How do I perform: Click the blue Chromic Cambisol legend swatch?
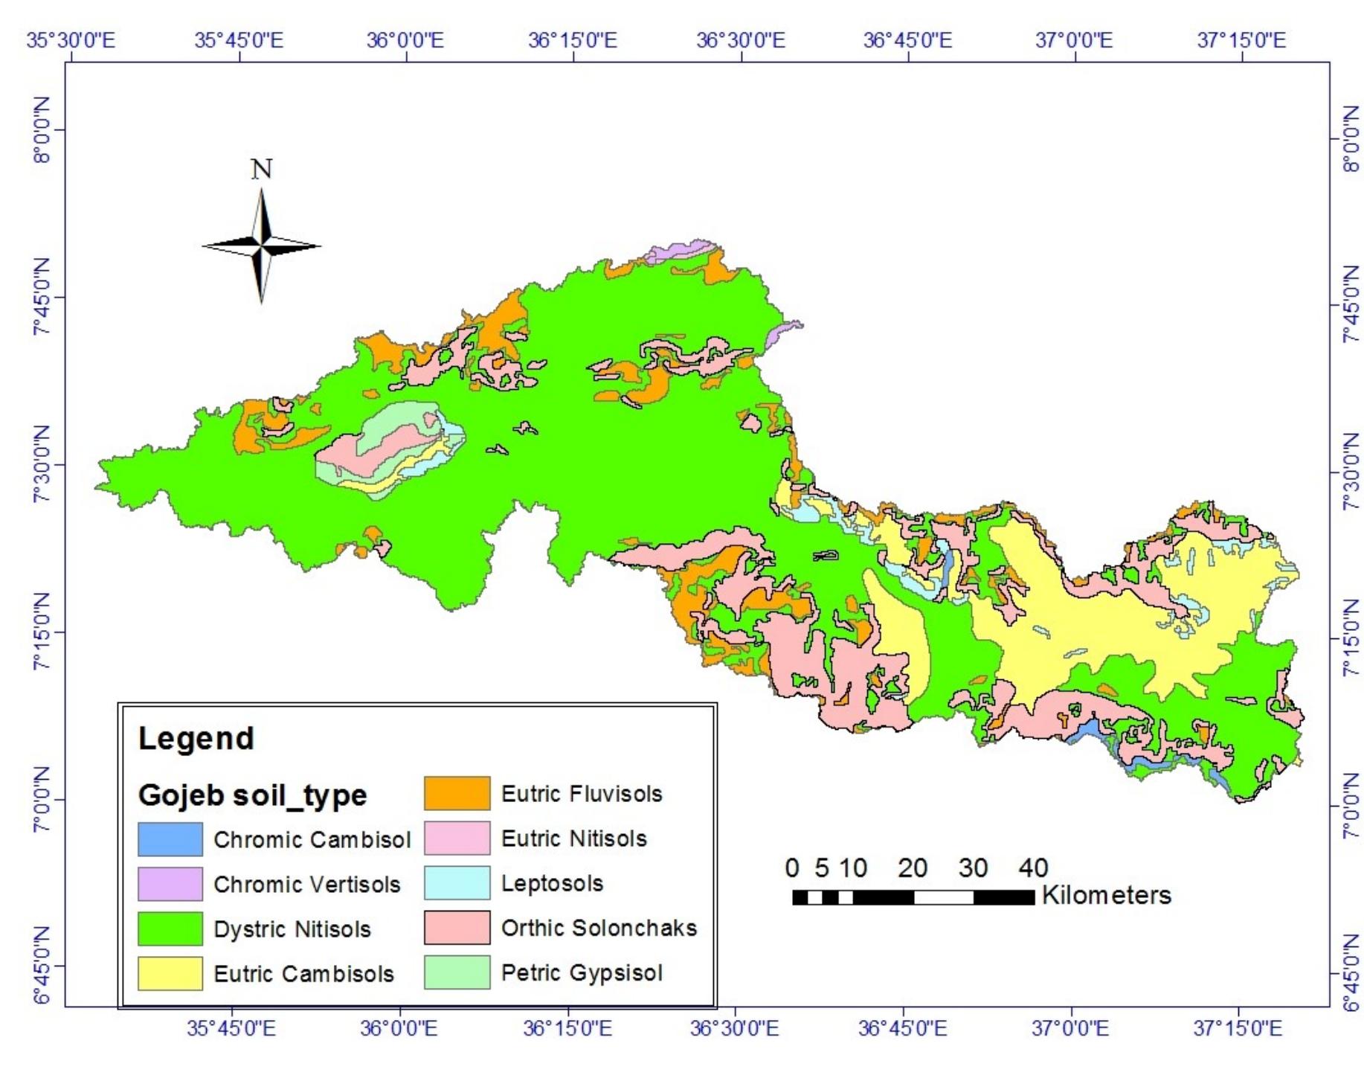(x=170, y=839)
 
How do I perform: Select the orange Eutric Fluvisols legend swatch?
(x=457, y=793)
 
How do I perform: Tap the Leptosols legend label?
(x=552, y=883)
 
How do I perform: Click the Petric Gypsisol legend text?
(x=581, y=972)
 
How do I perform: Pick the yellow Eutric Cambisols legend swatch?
(x=170, y=973)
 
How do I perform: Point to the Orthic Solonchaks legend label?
(x=599, y=928)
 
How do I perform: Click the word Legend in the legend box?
(x=196, y=738)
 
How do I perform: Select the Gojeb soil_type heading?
(x=252, y=795)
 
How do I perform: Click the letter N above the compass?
(x=261, y=170)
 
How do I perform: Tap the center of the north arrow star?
(x=261, y=245)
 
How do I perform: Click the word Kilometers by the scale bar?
(x=1106, y=895)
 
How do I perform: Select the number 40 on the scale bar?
(x=1033, y=867)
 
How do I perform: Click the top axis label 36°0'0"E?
(x=405, y=39)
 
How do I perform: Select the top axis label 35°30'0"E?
(x=71, y=39)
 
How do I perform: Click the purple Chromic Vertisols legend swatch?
(x=170, y=884)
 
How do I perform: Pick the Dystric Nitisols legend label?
(x=292, y=929)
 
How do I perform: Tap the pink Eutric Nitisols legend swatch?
(x=457, y=838)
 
